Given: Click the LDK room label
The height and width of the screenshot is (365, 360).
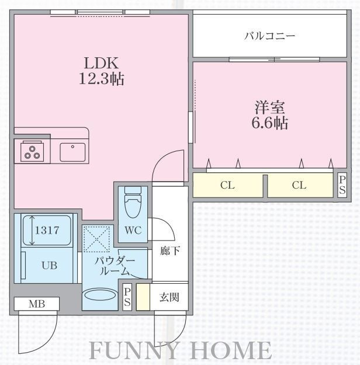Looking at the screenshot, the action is [x=101, y=63].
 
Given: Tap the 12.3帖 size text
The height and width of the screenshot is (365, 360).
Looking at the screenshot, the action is [x=102, y=79].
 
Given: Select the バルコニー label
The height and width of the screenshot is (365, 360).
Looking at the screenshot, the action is [x=269, y=36].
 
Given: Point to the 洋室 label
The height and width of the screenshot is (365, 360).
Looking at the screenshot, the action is [x=269, y=107].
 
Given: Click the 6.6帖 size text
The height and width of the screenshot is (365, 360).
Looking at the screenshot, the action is [x=269, y=123].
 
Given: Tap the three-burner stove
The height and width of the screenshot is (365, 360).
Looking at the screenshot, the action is [x=32, y=151].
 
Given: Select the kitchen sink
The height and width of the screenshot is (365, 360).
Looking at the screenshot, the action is [x=72, y=152].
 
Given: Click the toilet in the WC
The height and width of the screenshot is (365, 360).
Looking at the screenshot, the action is [x=133, y=201].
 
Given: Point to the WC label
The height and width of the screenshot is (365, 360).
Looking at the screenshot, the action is [x=133, y=230].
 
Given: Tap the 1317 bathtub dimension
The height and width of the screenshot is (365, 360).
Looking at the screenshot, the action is [x=47, y=230].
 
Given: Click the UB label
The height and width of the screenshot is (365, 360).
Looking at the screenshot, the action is [x=49, y=265].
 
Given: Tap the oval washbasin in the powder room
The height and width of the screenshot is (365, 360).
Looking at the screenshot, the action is [x=100, y=295].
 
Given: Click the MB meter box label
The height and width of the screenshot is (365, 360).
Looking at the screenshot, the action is [x=37, y=304].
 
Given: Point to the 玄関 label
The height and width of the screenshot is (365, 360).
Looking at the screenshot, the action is [x=169, y=297].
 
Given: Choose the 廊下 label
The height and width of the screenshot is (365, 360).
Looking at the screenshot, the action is [x=170, y=251].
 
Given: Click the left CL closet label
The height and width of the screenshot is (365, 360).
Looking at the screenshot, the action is [x=227, y=185].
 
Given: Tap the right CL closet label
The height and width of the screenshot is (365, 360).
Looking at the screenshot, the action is [x=299, y=185].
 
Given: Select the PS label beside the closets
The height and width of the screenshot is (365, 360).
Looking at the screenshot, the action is [x=342, y=185].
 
